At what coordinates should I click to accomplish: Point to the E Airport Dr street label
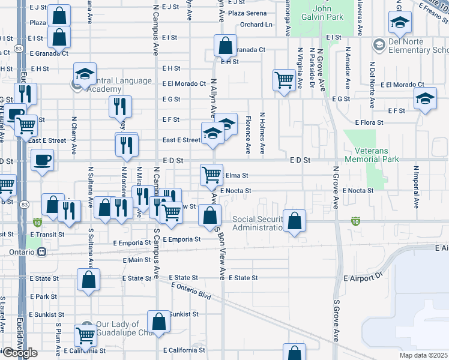point(363,279)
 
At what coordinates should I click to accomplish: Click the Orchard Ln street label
point(256,25)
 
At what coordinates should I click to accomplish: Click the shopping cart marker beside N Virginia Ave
point(284,80)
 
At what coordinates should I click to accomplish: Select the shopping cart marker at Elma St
point(211,175)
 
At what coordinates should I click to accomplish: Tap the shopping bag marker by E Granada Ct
point(224,45)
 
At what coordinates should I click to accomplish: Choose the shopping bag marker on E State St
point(89,280)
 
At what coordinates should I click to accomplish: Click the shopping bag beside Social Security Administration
point(294,221)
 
